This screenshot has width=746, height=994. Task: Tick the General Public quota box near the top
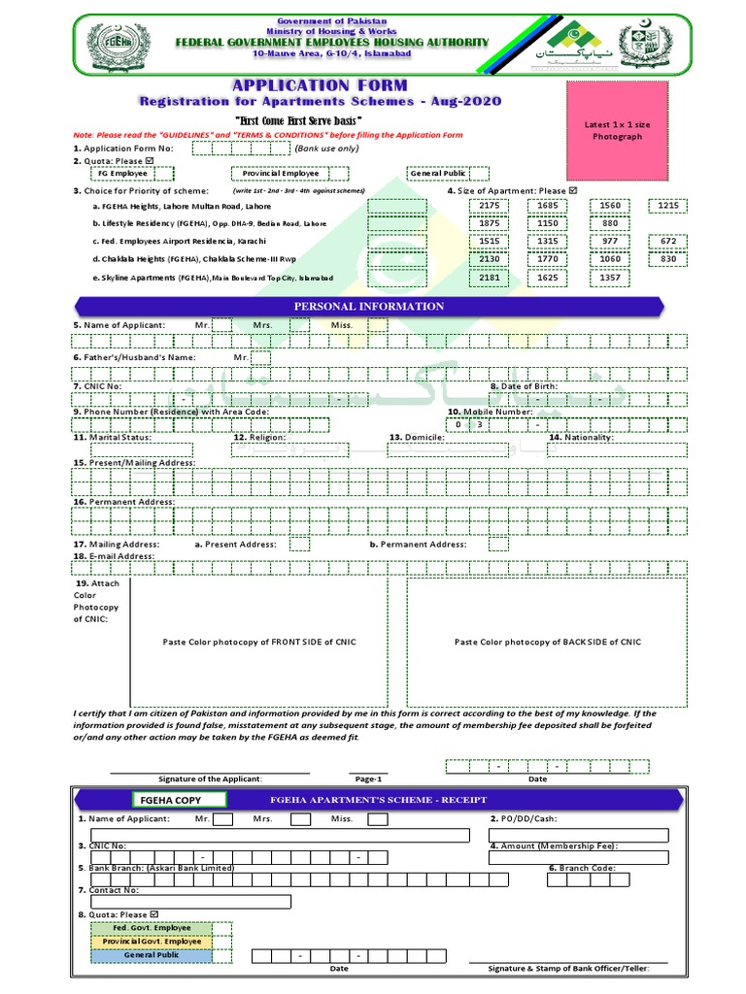tap(437, 174)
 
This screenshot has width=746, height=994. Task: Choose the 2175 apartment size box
tap(490, 206)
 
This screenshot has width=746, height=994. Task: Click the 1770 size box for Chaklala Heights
tap(548, 259)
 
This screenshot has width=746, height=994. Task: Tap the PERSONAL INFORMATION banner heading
tap(369, 307)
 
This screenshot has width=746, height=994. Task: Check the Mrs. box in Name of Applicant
tap(300, 325)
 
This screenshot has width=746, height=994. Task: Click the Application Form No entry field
tap(240, 149)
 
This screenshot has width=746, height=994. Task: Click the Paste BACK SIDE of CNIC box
tap(548, 643)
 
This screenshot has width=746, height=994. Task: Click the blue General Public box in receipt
tap(152, 956)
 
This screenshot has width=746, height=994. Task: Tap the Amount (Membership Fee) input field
tap(580, 857)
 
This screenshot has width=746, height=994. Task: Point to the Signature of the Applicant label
tap(210, 779)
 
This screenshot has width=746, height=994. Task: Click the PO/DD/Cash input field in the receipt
tap(580, 834)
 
